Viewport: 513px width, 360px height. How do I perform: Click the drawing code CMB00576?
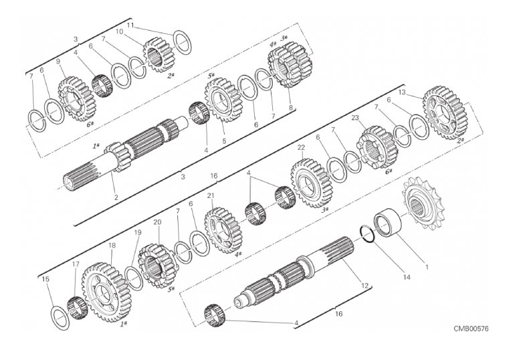click(x=471, y=329)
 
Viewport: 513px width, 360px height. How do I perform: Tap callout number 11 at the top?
click(x=130, y=25)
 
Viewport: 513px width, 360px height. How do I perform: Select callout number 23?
click(x=356, y=118)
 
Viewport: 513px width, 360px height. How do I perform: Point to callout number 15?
click(x=45, y=279)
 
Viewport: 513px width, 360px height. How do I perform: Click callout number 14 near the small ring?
click(x=407, y=277)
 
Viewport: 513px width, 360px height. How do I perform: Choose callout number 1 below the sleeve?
click(x=427, y=267)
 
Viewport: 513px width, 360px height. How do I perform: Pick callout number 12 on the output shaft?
click(x=365, y=286)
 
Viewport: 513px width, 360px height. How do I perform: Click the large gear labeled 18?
click(x=106, y=291)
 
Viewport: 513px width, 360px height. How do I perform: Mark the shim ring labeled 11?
click(x=182, y=42)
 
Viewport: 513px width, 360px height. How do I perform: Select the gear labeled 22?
click(x=311, y=183)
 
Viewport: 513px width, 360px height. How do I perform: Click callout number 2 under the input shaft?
click(x=116, y=197)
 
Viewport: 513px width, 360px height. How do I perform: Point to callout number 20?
click(x=157, y=222)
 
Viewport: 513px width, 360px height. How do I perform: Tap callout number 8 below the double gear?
click(x=290, y=106)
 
